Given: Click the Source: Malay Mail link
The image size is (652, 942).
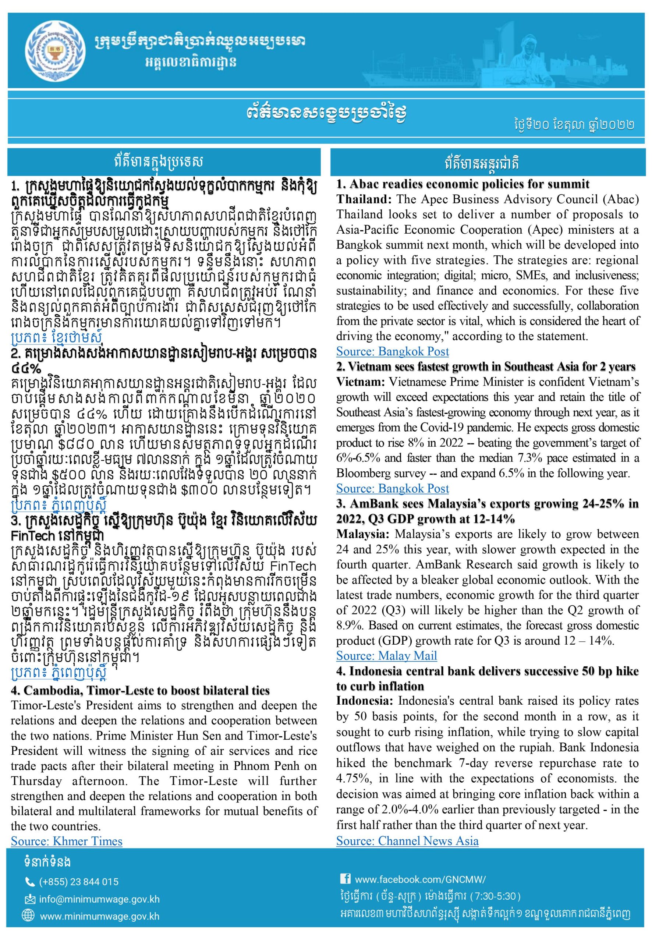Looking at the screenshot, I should tap(386, 656).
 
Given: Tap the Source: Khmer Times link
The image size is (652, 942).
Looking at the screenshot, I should tap(67, 841).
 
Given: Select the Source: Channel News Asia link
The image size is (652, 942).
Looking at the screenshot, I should tap(407, 841).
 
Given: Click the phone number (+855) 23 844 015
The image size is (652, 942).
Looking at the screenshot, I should tap(79, 882).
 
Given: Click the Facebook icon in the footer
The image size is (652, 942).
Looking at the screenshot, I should tap(345, 879).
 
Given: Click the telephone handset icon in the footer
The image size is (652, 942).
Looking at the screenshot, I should tap(30, 882).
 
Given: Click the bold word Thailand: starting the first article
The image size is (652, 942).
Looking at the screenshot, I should tap(363, 199).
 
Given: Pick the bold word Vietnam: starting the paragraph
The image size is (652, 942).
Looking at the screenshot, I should tap(361, 382).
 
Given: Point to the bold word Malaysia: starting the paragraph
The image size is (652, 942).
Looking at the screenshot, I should tap(363, 534).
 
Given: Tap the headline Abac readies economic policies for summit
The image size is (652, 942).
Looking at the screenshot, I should tap(463, 184).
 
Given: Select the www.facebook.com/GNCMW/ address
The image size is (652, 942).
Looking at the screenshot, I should tap(420, 879).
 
